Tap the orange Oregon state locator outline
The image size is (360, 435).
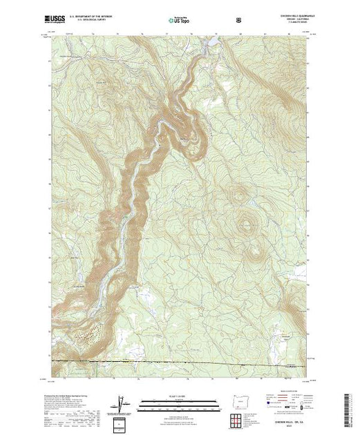pyautogui.click(x=237, y=403)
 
